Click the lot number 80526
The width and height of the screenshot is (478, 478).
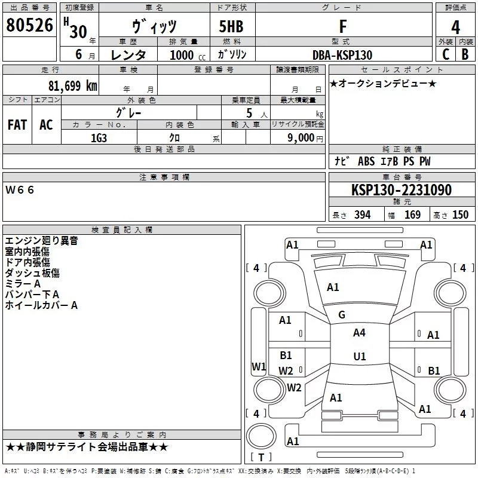[29, 24]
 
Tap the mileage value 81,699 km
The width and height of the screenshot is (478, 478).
[73, 86]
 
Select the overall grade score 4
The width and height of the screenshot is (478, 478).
[455, 27]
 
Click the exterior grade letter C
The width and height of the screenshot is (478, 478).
[446, 54]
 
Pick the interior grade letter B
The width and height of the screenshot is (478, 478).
[465, 54]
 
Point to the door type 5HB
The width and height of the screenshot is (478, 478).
[231, 26]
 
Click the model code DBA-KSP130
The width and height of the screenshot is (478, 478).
[342, 55]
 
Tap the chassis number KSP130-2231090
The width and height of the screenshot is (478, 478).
[402, 189]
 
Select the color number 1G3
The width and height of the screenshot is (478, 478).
[99, 138]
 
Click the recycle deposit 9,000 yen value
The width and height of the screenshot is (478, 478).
[305, 138]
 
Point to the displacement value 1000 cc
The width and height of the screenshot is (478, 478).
[188, 55]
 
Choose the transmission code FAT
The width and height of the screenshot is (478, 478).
[17, 125]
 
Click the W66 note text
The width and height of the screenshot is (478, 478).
[20, 190]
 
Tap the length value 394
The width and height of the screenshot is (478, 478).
[362, 215]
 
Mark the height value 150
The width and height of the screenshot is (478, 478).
[460, 215]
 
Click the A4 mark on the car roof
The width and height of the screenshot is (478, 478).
[359, 333]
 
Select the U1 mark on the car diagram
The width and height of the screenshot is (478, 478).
[360, 356]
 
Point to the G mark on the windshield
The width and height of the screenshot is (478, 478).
[342, 315]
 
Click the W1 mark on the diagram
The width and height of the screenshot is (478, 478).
[259, 366]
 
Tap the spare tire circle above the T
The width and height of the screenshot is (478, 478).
[261, 436]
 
